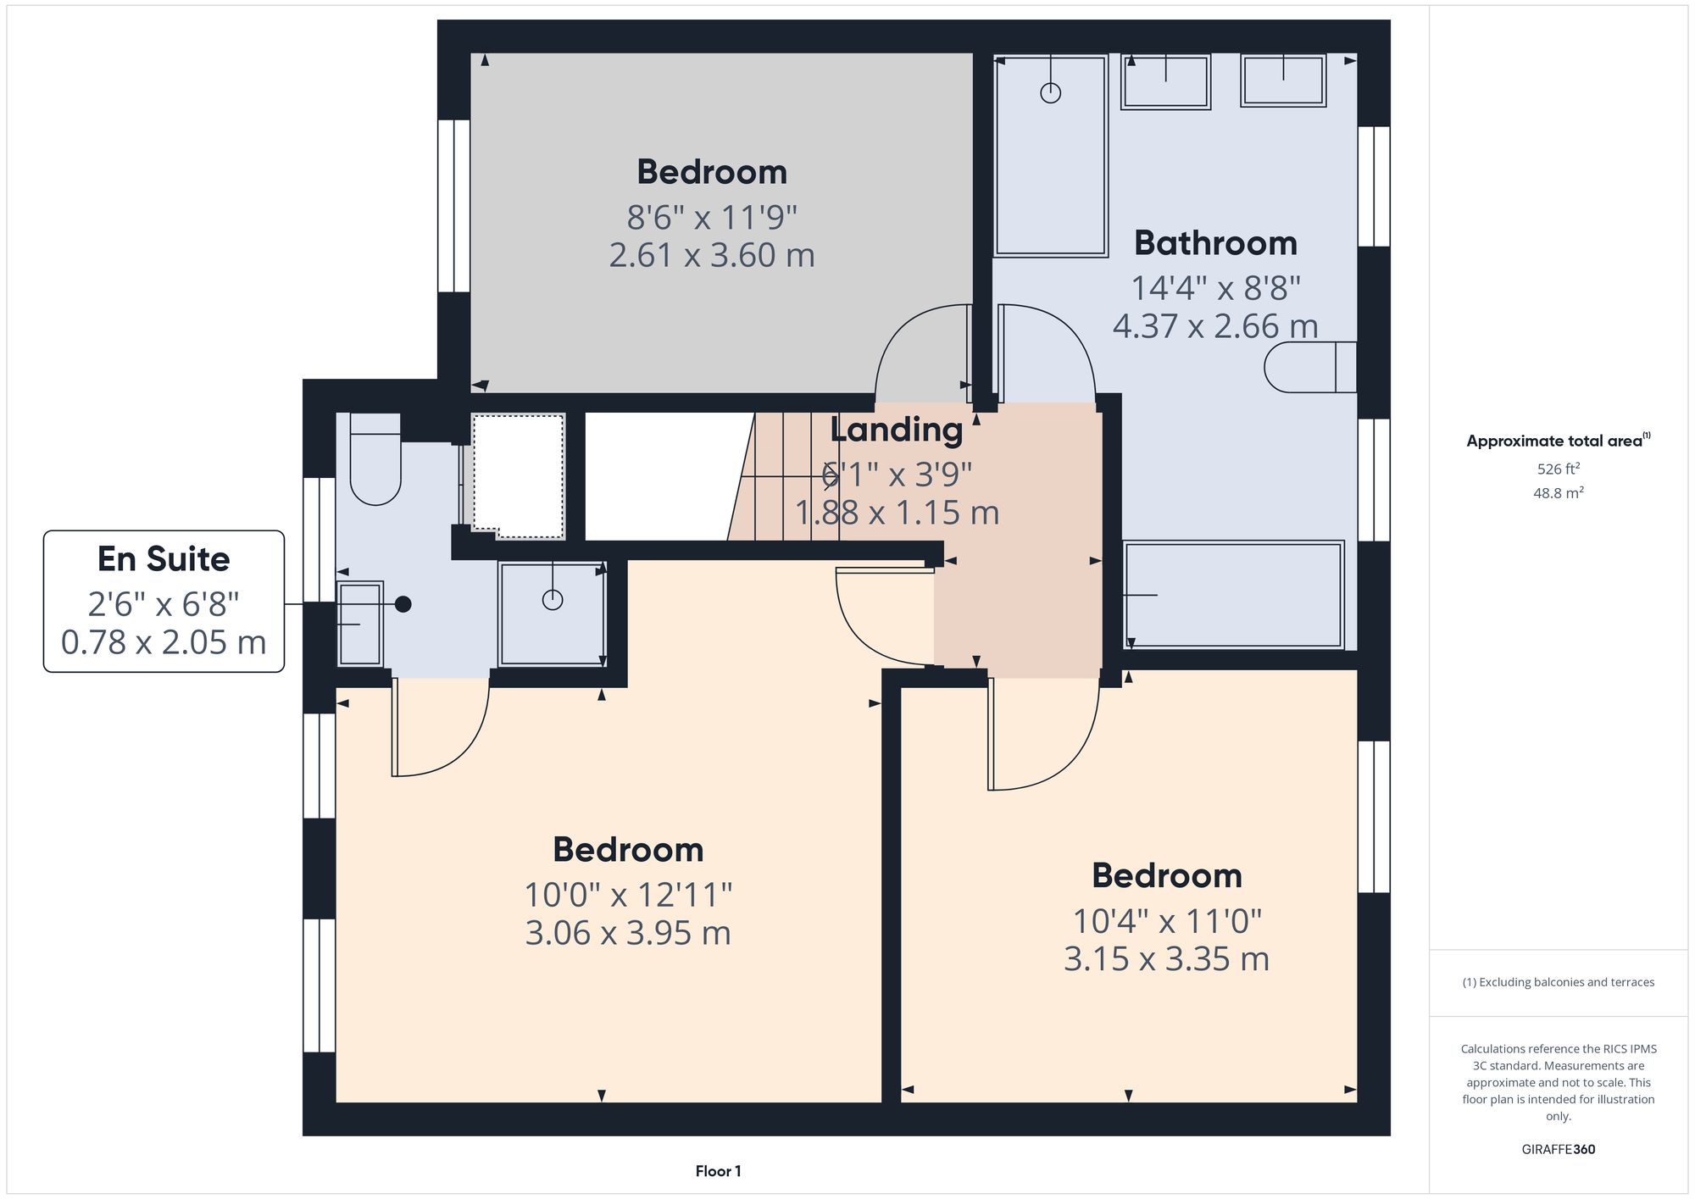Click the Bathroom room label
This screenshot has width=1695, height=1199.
[1215, 244]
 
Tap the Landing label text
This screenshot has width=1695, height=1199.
[896, 430]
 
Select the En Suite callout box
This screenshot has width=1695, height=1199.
[164, 601]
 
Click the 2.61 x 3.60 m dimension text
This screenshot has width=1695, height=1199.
[712, 255]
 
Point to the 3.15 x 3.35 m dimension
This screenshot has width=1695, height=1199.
[1166, 959]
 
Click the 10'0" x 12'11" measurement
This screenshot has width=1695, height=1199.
[628, 895]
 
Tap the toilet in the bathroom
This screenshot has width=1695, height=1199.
[1309, 367]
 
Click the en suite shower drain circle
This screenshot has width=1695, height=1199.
[553, 600]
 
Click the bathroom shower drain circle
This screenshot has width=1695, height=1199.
[1050, 93]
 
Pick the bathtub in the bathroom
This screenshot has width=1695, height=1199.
[1233, 595]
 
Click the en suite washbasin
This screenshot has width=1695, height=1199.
[360, 624]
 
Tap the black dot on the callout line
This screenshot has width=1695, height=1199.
[403, 604]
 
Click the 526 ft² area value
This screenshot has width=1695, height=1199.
[1558, 469]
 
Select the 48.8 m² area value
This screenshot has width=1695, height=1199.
[1558, 493]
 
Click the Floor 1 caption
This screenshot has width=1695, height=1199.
[718, 1171]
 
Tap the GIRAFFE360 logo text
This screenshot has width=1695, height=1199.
[1558, 1149]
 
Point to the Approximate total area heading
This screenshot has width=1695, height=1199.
[1558, 441]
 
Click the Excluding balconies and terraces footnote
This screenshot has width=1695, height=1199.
[1558, 982]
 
